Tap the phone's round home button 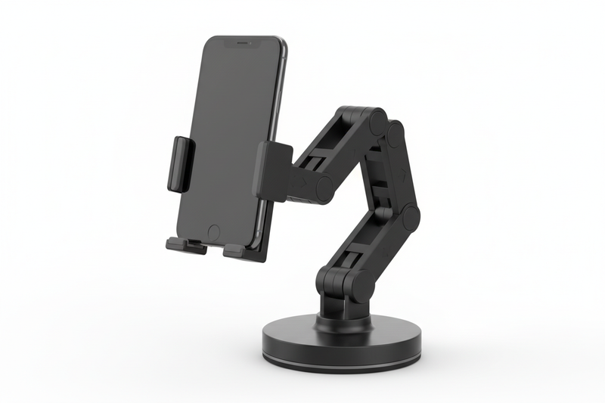coord(213,232)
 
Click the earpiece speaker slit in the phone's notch coord(241,45)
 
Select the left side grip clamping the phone coord(181,163)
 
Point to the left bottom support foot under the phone coord(185,246)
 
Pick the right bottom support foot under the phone coord(235,250)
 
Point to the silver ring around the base coord(341,360)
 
